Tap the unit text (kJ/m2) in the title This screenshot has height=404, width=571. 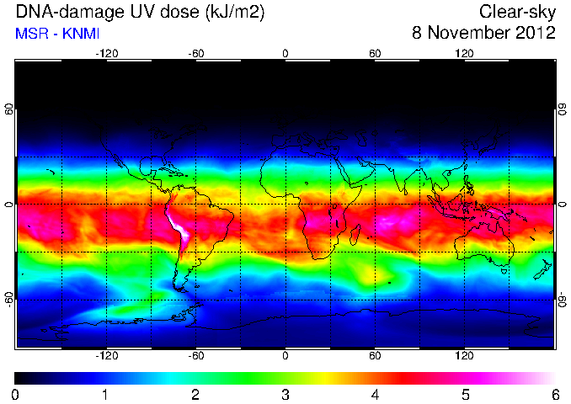point(235,13)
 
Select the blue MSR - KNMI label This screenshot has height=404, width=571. point(57,34)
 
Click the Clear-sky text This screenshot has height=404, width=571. point(517,12)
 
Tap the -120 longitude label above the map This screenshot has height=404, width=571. point(107,54)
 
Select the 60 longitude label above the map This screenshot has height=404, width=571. point(375,54)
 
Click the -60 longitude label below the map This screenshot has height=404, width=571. point(196,355)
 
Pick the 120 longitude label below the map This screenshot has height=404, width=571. point(464,355)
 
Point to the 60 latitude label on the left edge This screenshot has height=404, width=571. point(9,109)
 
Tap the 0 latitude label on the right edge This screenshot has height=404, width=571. point(563,205)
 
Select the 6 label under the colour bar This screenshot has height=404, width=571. point(555,395)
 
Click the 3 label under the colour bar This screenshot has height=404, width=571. point(285,395)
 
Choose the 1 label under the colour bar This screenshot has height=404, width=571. point(105,395)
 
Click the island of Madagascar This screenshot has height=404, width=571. point(355,235)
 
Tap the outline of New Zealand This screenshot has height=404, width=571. point(543,269)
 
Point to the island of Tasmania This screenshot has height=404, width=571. point(504,271)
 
